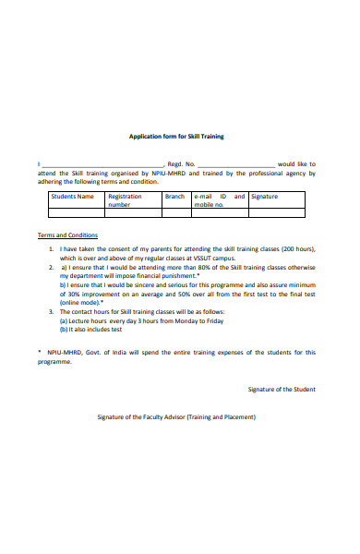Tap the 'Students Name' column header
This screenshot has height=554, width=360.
pos(72,197)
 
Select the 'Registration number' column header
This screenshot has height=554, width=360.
pos(125,200)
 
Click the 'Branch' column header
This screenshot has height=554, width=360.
pos(174,197)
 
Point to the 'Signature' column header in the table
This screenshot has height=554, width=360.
pos(264,197)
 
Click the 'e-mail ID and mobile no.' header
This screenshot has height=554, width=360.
pos(219,200)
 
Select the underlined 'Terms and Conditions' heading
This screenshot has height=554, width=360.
pos(67,235)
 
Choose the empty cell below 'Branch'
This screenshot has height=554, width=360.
pos(175,213)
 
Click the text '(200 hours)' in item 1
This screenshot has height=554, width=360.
pos(295,249)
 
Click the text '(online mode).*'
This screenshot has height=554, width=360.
pos(81,303)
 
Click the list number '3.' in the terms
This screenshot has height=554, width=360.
pos(52,312)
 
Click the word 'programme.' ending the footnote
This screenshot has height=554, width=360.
pos(54,362)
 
